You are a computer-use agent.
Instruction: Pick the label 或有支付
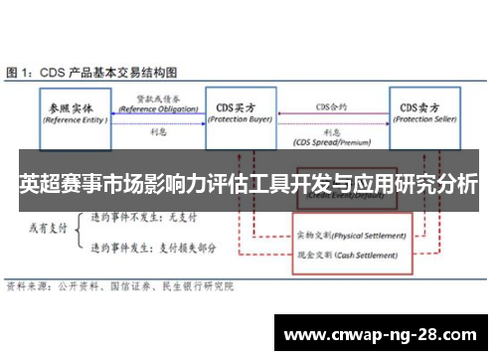click(x=47, y=228)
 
